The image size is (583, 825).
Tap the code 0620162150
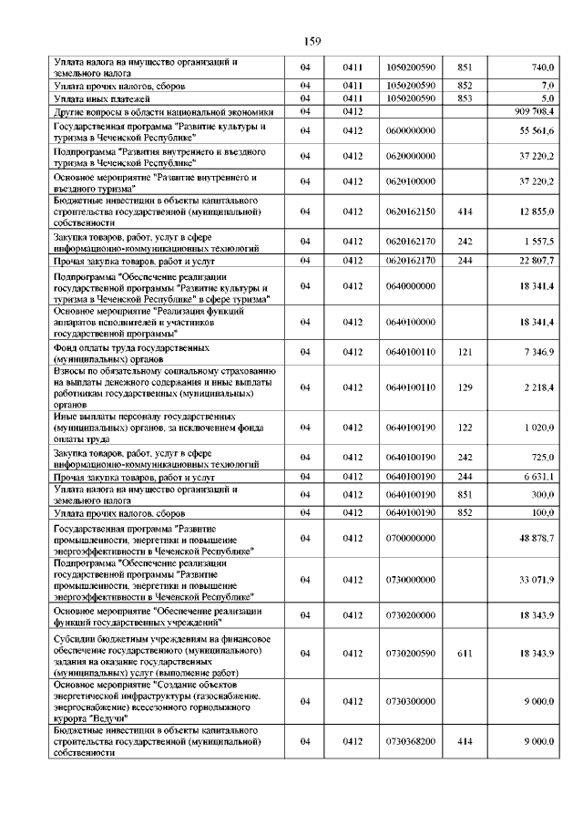coord(411,211)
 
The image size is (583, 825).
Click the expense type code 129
coord(465,388)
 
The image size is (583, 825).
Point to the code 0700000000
coord(411,539)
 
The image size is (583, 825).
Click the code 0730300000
coord(411,701)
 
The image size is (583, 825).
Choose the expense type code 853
coord(465,98)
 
